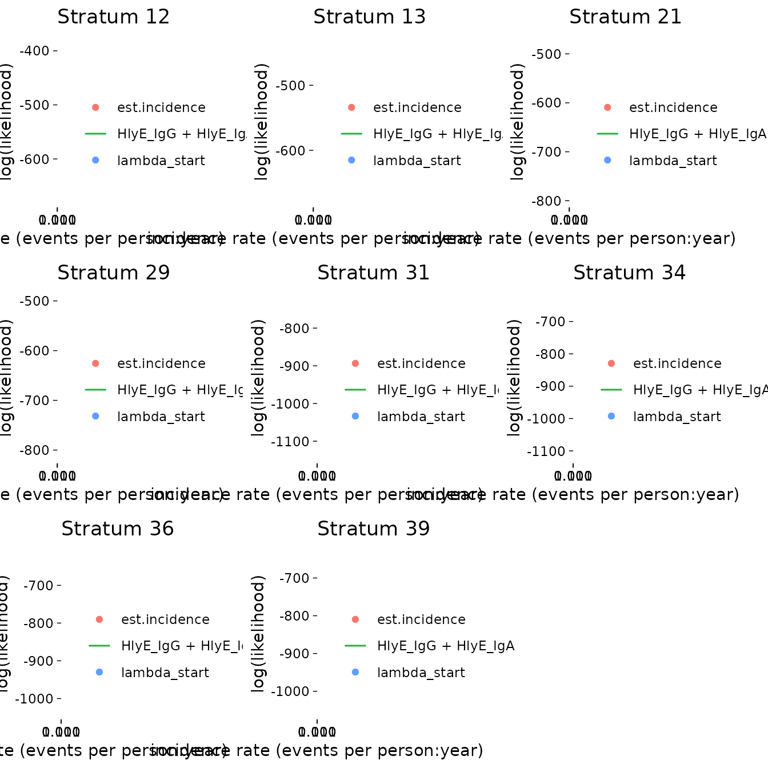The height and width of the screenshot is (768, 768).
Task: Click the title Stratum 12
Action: pyautogui.click(x=114, y=17)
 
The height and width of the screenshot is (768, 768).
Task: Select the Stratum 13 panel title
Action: pyautogui.click(x=370, y=17)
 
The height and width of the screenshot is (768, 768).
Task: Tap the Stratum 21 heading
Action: pyautogui.click(x=626, y=17)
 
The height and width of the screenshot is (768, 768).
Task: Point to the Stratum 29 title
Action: pyautogui.click(x=114, y=273)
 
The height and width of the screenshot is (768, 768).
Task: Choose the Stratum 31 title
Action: pyautogui.click(x=374, y=273)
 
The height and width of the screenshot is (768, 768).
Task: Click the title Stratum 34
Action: pyautogui.click(x=630, y=273)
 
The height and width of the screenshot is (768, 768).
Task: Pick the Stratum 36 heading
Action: pyautogui.click(x=118, y=529)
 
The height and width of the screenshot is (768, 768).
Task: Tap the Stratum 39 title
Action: pyautogui.click(x=374, y=529)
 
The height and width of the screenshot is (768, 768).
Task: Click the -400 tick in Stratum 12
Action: pyautogui.click(x=35, y=51)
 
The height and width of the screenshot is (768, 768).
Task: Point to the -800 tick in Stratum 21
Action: pyautogui.click(x=547, y=201)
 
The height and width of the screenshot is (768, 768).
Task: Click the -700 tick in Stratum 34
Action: pyautogui.click(x=550, y=322)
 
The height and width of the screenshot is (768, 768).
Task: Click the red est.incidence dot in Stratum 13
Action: pyautogui.click(x=351, y=107)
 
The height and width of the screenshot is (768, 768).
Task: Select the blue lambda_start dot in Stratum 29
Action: pyautogui.click(x=95, y=416)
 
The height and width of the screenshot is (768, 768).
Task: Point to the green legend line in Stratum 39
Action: pyautogui.click(x=355, y=646)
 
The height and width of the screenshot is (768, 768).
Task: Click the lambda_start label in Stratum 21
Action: pyautogui.click(x=673, y=161)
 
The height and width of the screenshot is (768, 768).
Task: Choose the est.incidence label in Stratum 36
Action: pyautogui.click(x=165, y=620)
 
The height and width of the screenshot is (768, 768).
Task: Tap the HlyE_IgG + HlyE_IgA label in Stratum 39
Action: pyautogui.click(x=446, y=646)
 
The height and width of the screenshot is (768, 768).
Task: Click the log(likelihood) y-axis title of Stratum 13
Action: pyautogui.click(x=261, y=122)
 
